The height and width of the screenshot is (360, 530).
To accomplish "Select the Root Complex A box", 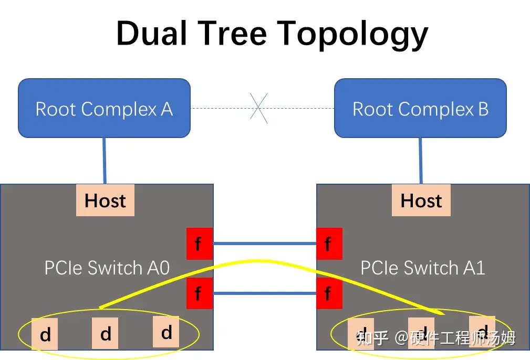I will click(x=104, y=108).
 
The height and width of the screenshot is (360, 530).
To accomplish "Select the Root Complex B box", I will click(x=420, y=108).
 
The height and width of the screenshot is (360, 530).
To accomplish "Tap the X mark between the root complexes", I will click(x=258, y=108).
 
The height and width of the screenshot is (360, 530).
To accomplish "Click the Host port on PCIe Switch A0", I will click(x=105, y=200).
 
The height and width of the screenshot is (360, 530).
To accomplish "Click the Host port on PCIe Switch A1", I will click(x=421, y=200).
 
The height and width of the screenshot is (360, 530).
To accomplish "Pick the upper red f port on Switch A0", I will click(x=199, y=243).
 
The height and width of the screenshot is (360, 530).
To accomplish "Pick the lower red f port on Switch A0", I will click(x=199, y=292).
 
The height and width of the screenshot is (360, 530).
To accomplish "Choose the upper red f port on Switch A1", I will click(x=329, y=243).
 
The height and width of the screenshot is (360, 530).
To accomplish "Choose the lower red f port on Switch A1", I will click(x=329, y=292).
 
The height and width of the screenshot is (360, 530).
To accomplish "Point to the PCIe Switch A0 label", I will click(x=107, y=268).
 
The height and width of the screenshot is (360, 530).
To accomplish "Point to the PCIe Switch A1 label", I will click(x=422, y=268).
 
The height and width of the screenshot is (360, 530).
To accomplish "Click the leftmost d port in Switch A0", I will click(x=45, y=334).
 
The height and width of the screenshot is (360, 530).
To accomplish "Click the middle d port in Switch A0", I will click(x=106, y=333).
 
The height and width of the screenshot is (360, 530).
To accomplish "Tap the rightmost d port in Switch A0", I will click(x=166, y=332).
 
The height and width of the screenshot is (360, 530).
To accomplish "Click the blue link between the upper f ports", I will click(x=264, y=243).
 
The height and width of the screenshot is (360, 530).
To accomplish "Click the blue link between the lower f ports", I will click(x=264, y=293).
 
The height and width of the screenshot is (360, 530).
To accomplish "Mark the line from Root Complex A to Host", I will click(x=105, y=161).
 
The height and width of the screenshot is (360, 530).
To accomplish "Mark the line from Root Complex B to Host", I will click(x=420, y=161).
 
